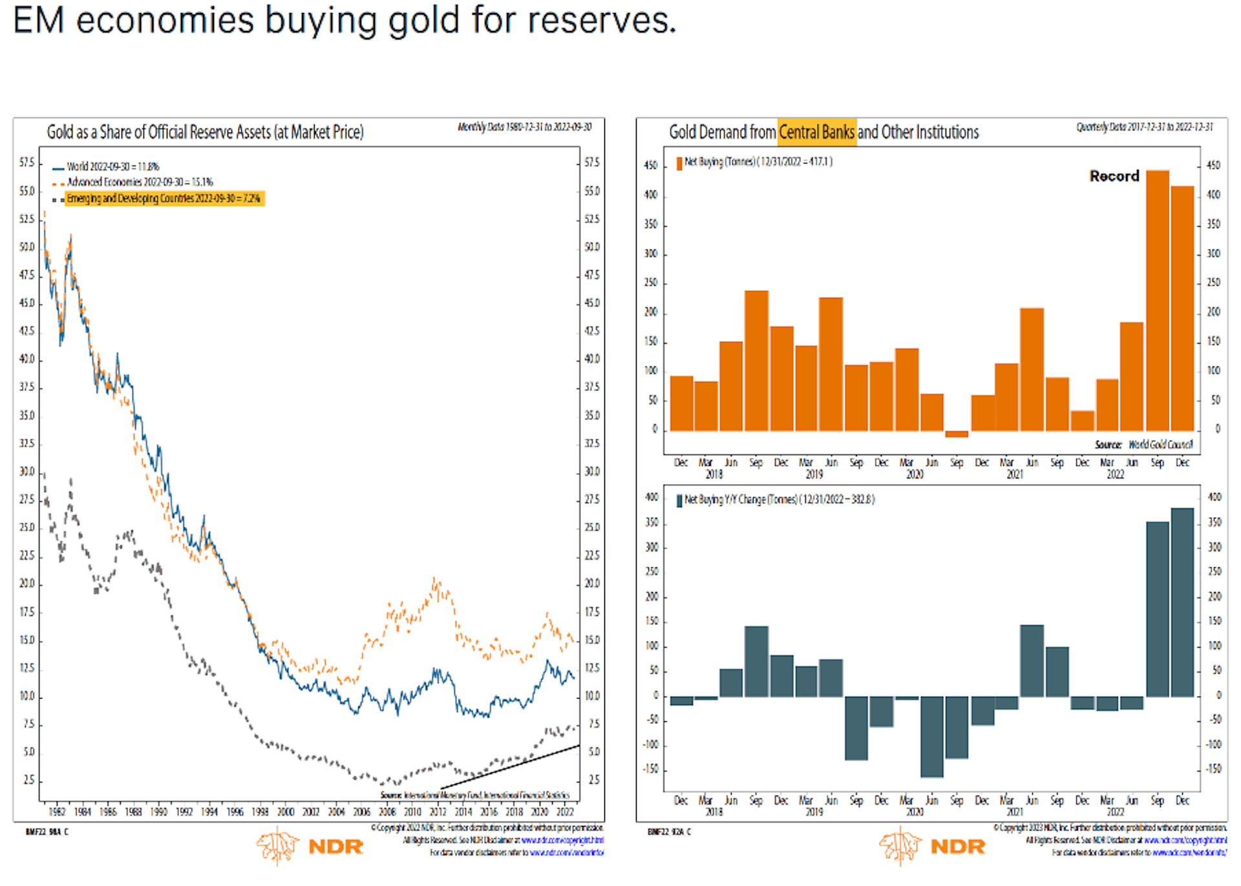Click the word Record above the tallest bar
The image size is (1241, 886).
point(1114,176)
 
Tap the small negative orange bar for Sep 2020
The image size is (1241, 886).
point(957,434)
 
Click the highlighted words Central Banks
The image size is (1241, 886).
point(817,132)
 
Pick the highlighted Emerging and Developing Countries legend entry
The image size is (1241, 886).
point(164,198)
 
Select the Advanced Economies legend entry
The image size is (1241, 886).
point(140,182)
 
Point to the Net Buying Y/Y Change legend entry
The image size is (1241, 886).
point(778,500)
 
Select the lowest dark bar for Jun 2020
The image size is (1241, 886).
point(931,736)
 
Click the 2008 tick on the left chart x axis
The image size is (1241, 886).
point(387,812)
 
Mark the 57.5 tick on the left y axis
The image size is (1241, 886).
point(27,162)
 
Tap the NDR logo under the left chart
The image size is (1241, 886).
point(310,847)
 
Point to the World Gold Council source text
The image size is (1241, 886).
point(1160,445)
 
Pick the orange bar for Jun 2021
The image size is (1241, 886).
point(1032,370)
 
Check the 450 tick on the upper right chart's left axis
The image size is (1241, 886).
point(650,165)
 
